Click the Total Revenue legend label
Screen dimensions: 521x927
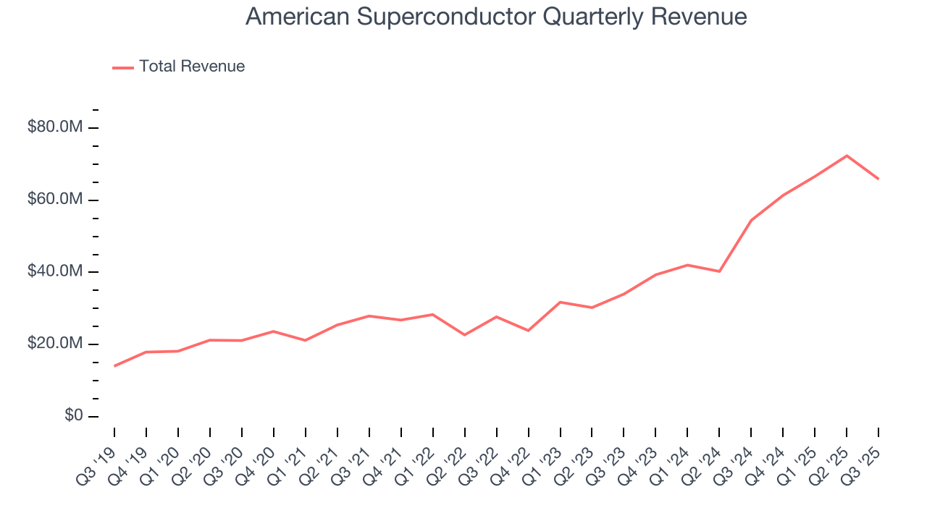[192, 67]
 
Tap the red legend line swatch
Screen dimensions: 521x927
[123, 67]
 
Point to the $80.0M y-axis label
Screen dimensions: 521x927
[55, 127]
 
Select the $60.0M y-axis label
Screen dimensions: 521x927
[55, 200]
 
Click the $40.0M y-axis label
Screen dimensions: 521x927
[55, 272]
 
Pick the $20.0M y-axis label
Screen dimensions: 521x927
[55, 344]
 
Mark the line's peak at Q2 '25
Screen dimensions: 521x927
[847, 156]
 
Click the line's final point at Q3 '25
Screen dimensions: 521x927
[878, 179]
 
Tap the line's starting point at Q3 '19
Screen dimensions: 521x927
[114, 366]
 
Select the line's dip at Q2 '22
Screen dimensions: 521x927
[464, 335]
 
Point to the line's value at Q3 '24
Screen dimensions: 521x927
[751, 220]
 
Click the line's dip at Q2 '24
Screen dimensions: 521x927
[719, 271]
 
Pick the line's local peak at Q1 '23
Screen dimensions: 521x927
[560, 302]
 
